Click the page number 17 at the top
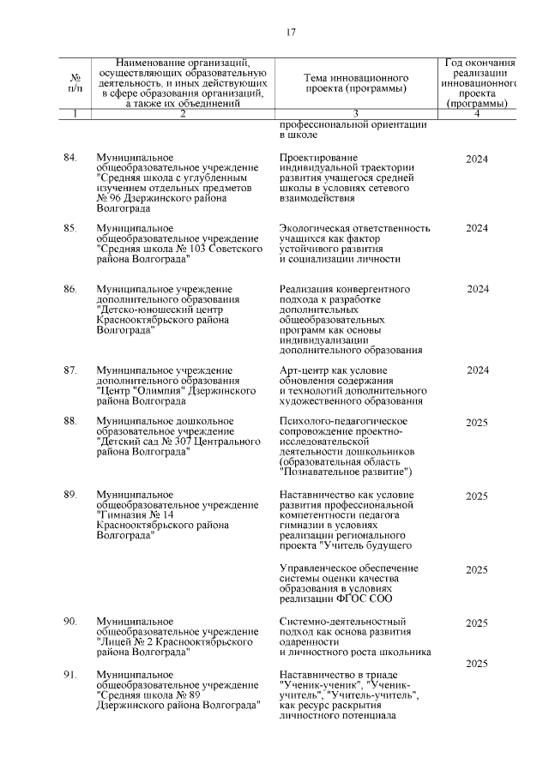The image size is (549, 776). point(290,33)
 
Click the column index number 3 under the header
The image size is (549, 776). point(354,114)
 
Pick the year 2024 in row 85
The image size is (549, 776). point(477,228)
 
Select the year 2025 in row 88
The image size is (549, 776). point(477,422)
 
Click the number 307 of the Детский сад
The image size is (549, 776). point(177,442)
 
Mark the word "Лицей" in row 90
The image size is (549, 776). point(115,641)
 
